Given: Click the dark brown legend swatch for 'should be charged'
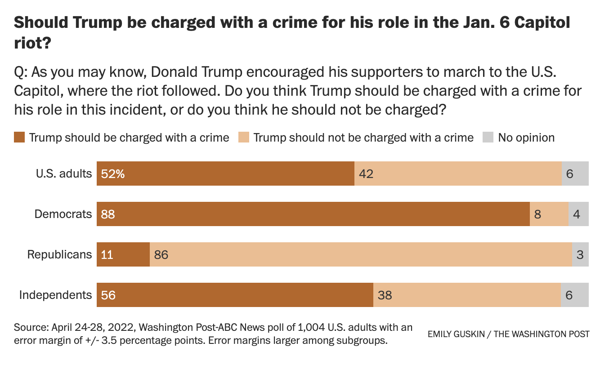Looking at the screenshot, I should [20, 138].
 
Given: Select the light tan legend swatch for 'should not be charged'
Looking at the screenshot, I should [244, 138].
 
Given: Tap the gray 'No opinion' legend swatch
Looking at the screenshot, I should [488, 138].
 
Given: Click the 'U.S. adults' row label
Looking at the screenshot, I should [64, 174].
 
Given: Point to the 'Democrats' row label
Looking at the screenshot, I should [63, 214].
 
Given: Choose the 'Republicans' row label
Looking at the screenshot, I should [59, 254].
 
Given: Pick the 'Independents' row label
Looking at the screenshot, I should [55, 295].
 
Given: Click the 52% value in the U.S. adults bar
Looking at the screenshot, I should [113, 174].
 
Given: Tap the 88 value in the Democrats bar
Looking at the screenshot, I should [108, 214].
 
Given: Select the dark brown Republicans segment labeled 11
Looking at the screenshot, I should [123, 255].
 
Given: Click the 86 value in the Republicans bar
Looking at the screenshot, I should [161, 255].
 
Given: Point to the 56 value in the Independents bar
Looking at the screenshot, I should [108, 295].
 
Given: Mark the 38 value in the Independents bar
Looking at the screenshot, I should [385, 295].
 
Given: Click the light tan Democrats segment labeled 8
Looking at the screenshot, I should [549, 214].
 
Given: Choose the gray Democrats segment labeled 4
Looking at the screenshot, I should [578, 214].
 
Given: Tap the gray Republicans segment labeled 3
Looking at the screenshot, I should [580, 255].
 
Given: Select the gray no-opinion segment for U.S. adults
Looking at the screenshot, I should [575, 174].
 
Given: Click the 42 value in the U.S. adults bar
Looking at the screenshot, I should [367, 174].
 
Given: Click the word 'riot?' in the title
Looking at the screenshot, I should [31, 43].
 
